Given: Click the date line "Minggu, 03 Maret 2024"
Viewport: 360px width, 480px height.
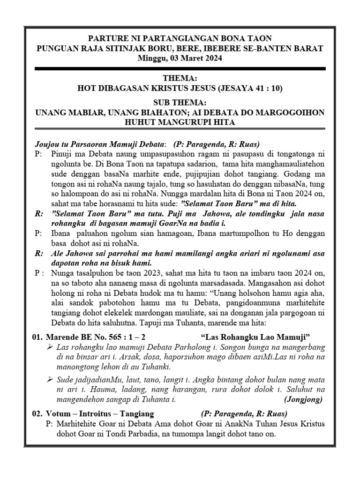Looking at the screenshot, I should tap(180, 59).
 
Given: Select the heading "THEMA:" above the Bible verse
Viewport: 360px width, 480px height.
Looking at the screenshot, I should tap(180, 78).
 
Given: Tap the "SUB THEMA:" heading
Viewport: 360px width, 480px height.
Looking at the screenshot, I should tap(180, 103).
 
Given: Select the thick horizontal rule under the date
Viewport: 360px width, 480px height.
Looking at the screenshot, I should tap(180, 69).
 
